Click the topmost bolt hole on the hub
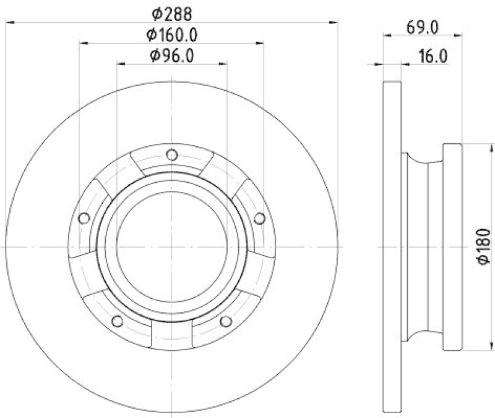172,154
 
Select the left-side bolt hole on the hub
84,217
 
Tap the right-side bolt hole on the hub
260,217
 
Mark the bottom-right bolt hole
226,321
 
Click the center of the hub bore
172,246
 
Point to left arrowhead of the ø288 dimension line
9,22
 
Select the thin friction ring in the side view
392,247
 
